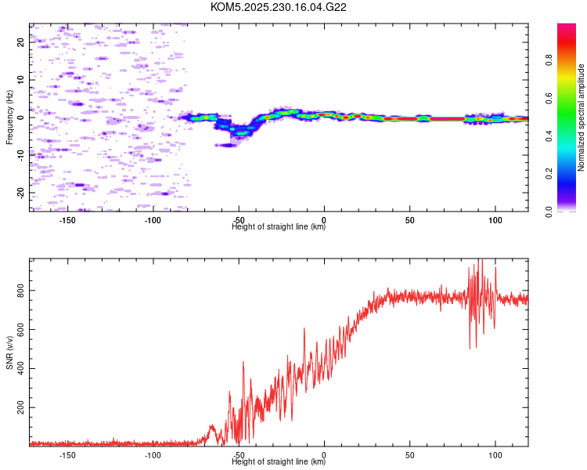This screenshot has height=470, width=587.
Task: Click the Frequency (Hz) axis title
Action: (9, 117)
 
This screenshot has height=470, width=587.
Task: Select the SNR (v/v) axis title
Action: (9, 353)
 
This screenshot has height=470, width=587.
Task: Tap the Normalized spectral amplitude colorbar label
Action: (582, 117)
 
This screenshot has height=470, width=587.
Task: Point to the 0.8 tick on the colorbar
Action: (570, 61)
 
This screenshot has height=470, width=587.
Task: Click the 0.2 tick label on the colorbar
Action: (570, 173)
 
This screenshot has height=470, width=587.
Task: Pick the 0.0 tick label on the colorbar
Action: (570, 210)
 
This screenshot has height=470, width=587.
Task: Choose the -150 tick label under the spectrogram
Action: (67, 221)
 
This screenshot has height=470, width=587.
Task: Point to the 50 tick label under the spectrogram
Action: (409, 221)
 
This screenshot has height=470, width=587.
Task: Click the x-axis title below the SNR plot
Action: (279, 462)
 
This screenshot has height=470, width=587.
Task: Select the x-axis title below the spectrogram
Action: (279, 227)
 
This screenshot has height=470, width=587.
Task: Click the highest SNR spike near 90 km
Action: (481, 261)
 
